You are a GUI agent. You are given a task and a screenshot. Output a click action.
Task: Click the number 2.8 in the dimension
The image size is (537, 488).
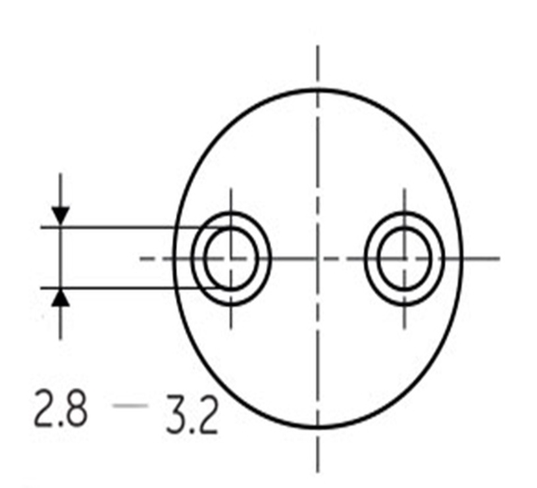[61, 408]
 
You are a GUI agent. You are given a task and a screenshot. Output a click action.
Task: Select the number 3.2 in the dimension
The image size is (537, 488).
[192, 414]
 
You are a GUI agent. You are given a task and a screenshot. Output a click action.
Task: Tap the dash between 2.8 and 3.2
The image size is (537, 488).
[130, 406]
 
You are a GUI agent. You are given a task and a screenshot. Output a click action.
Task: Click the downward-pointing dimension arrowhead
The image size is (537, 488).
[61, 216]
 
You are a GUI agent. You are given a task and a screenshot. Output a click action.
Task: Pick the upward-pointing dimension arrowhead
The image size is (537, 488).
[61, 298]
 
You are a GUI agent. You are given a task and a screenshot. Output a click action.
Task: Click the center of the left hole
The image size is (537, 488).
[231, 258]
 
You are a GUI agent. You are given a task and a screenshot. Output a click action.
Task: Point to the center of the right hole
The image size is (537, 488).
[405, 258]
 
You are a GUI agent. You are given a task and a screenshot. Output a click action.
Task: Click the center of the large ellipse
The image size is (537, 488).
[318, 258]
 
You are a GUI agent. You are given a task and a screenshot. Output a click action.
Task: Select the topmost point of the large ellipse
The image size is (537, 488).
[318, 89]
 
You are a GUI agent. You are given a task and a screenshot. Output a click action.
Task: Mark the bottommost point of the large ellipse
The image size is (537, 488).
[318, 427]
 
